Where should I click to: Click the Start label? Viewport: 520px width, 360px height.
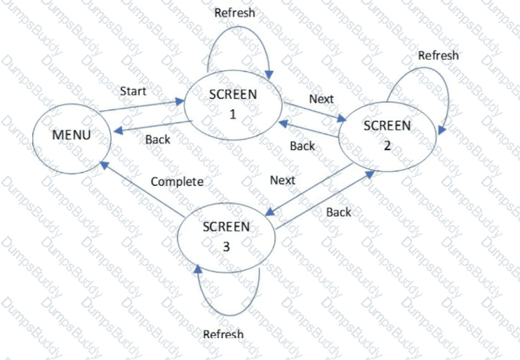pos(133,91)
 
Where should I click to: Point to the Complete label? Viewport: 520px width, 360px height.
pos(177,182)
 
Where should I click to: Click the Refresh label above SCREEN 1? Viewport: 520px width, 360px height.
pos(235,13)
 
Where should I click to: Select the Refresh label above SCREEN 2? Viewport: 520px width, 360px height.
pos(439,55)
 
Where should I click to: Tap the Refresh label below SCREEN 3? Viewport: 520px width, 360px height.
pos(224,334)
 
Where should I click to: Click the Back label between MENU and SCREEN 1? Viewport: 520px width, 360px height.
pos(158,140)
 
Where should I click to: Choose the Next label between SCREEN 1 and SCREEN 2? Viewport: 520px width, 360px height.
pos(321,99)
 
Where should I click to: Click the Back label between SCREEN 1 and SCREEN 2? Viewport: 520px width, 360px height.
pos(302,146)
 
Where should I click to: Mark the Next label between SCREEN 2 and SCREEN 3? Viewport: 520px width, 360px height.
pos(283,180)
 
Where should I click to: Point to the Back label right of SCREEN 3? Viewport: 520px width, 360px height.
pos(339,212)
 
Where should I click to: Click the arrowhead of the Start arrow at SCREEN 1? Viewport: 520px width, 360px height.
pos(180,102)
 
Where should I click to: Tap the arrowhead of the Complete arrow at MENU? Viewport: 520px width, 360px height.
pos(105,165)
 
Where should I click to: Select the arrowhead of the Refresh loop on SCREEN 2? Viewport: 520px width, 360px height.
pos(441,130)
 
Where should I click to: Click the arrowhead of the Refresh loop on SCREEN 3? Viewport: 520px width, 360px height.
pos(198,269)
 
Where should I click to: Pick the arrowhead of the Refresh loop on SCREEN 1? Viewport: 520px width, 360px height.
pos(269,75)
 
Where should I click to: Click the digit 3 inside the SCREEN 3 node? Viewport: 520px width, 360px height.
pos(226,247)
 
